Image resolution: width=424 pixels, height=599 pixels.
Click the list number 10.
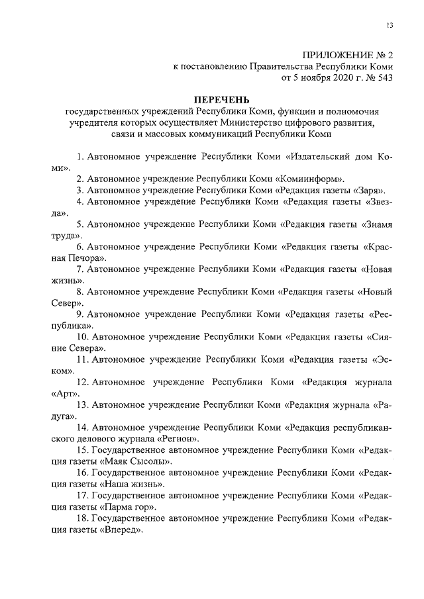coord(82,336)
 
